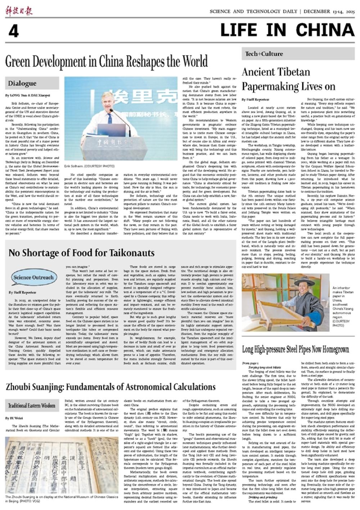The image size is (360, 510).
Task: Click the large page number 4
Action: tap(13, 32)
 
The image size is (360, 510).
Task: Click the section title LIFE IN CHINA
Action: tap(287, 30)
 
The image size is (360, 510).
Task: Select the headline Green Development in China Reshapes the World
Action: tap(106, 62)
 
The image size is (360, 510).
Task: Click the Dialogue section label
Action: tap(22, 84)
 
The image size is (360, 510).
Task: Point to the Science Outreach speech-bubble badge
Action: tap(33, 277)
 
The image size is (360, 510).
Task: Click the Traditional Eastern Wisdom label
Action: tap(32, 406)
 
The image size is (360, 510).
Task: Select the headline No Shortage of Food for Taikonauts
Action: tap(82, 252)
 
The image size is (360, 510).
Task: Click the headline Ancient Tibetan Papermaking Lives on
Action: tap(276, 80)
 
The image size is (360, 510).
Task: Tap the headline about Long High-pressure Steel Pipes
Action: tap(295, 349)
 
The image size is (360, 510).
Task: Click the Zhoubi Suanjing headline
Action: tap(111, 387)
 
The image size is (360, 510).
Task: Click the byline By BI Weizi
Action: tap(14, 418)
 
